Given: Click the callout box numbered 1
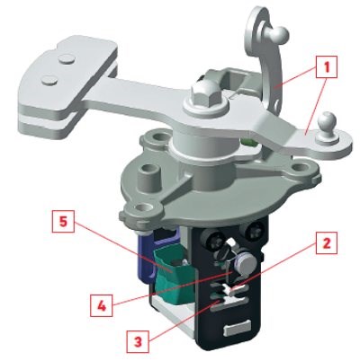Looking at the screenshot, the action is pos(327,66).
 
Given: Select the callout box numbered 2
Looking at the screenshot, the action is pos(327,242).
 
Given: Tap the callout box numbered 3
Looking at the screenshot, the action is pos(138,341).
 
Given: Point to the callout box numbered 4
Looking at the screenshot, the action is pos(102,305).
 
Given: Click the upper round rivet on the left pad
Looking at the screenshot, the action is pos(67,58).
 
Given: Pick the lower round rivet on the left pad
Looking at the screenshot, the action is pos(49,80).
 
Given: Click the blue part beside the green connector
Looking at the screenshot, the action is pos(146,254).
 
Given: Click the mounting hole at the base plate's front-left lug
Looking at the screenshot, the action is pos(143,207).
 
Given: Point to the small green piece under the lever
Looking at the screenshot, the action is pos(248,142).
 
